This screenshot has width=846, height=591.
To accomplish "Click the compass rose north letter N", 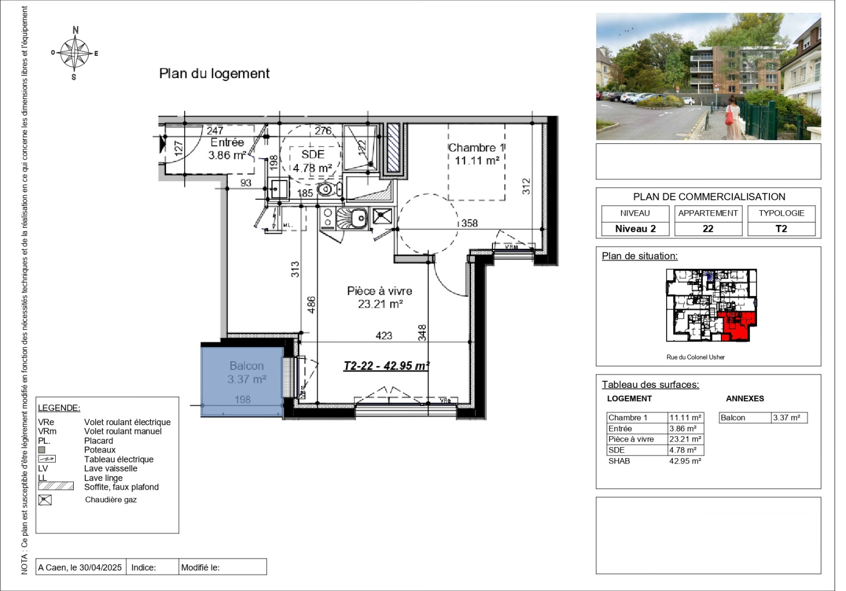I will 75,30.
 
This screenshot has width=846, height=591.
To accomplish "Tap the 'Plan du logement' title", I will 214,73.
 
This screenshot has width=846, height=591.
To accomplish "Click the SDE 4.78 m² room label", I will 313,161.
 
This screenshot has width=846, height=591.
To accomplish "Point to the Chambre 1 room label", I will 477,154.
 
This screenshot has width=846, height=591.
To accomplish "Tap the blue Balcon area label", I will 246,372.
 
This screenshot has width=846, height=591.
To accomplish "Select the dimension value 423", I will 384,335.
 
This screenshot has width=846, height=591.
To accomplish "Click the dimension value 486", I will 311,304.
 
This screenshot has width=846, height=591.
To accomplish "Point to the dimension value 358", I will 469,223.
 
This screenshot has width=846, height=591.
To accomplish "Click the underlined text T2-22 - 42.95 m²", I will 386,366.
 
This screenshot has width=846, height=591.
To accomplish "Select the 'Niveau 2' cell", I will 635,229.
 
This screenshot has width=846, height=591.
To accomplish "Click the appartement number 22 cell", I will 708,229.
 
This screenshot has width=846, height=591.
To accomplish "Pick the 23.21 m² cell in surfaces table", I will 685,439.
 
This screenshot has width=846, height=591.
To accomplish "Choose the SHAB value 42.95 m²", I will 685,461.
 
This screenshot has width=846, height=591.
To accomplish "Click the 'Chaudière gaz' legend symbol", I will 45,500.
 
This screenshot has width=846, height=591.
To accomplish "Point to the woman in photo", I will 731,118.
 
